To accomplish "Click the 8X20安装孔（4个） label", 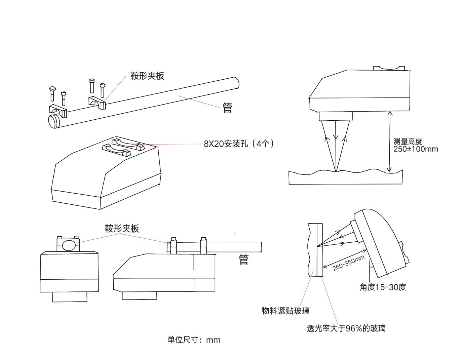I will tap(239, 144).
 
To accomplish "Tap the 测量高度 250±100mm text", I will tap(416, 146).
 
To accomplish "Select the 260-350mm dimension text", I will tap(349, 263).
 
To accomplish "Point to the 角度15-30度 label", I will tap(383, 287).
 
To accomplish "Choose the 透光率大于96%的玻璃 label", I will tap(346, 328).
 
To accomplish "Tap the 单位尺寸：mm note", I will tap(194, 340).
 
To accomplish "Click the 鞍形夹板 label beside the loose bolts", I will tap(147, 76).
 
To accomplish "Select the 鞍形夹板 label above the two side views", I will tap(122, 229).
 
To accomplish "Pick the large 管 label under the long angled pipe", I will tap(228, 108).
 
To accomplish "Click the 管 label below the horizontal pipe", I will tap(243, 259).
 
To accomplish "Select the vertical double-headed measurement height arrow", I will tap(389, 142).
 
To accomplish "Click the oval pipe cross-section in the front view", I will tap(69, 245).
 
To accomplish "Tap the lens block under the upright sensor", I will tap(335, 116).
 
